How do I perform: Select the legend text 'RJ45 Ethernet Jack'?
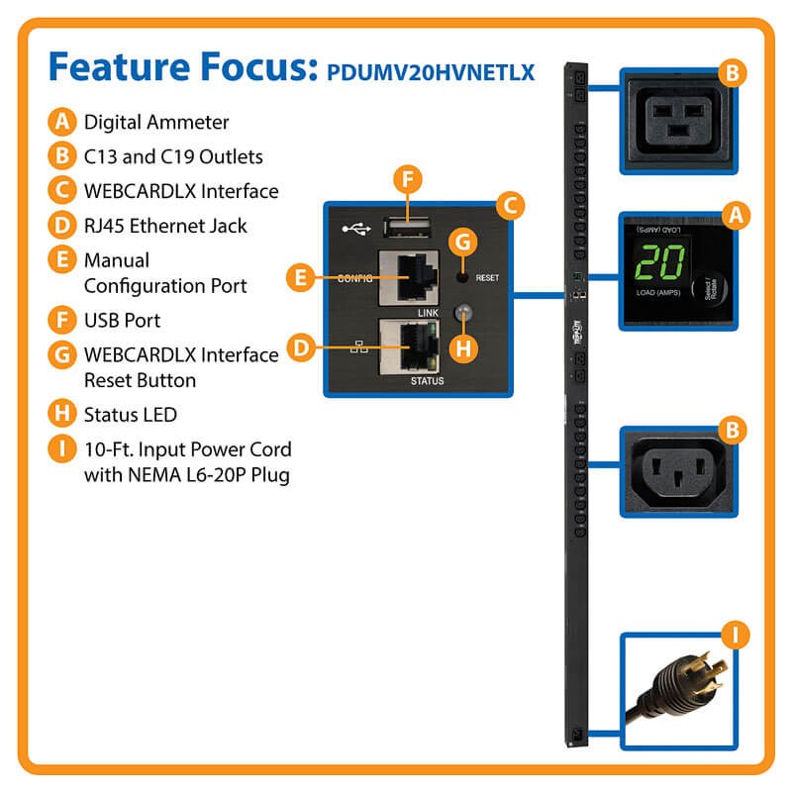point(165,226)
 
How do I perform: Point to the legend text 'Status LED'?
point(131,414)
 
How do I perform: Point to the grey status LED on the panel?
point(459,314)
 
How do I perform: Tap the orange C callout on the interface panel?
point(508,205)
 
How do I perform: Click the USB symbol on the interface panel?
point(353,227)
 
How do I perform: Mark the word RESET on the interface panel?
point(488,279)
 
